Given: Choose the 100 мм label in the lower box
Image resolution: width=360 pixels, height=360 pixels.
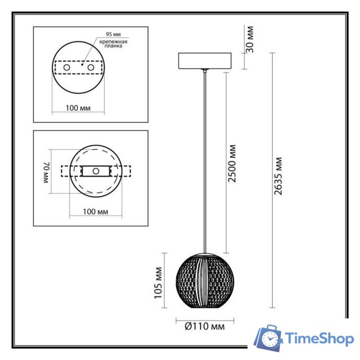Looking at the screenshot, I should pos(95,212).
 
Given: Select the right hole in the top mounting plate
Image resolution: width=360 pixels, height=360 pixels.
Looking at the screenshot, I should pos(89,67).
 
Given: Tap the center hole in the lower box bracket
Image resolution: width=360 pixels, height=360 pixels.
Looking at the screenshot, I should pos(96,170).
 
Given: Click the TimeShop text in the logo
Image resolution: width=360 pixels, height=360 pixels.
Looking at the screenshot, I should pos(319,338).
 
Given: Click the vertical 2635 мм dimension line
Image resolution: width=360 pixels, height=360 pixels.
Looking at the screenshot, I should pos(272,180).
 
